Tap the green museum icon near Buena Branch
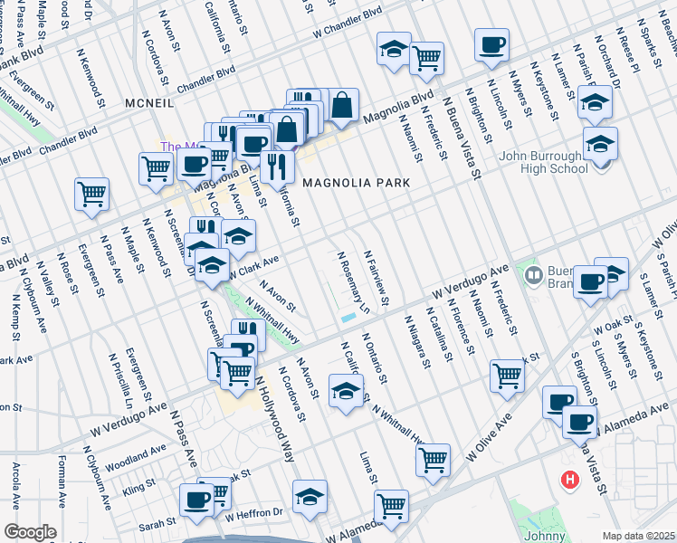pos(533,273)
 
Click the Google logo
pos(30,532)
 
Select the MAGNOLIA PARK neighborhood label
pos(356,183)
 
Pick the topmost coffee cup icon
pos(491,45)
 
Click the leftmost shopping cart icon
pos(92,195)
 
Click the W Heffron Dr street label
pos(256,515)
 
